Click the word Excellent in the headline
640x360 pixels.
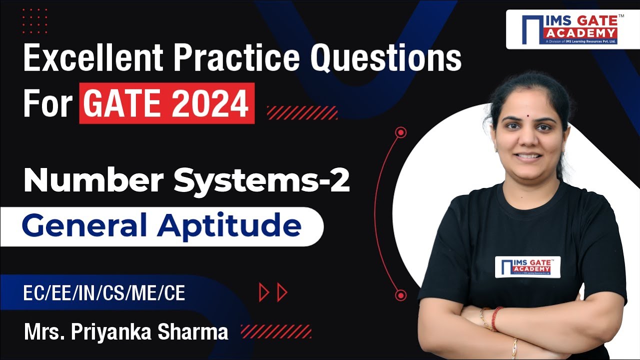(x=92, y=59)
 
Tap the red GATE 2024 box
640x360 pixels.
(x=166, y=103)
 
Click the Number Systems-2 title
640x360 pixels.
(x=186, y=181)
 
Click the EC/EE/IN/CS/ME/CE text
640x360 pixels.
(x=104, y=293)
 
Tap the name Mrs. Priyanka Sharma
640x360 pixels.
(x=126, y=331)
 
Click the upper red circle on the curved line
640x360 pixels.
(x=400, y=132)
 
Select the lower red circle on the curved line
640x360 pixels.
(x=400, y=295)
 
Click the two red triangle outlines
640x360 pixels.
(x=273, y=292)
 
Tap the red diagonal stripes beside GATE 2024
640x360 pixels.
(x=302, y=112)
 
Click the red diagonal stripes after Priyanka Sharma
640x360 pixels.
(x=276, y=331)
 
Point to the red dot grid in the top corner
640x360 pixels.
(x=34, y=21)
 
